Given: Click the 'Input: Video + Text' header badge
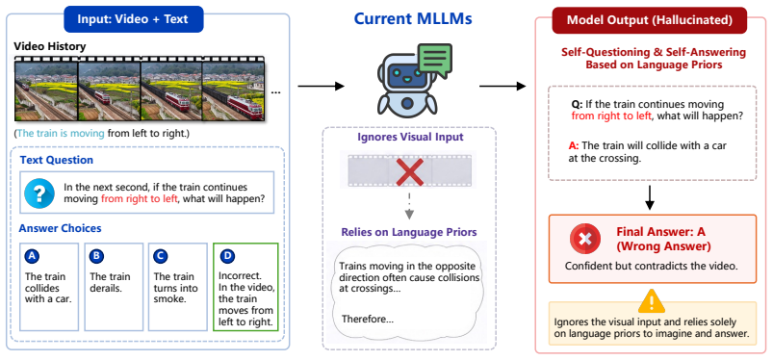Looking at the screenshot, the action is [134, 19].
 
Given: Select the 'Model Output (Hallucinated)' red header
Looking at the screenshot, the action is [649, 20].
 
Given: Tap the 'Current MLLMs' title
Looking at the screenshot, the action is [413, 18].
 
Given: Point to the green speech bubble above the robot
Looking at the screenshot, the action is [434, 61].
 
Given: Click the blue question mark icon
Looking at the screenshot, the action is [39, 193].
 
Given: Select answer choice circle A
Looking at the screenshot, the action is [32, 256].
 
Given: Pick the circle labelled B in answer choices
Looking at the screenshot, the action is [96, 256].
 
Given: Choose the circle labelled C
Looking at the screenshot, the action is [161, 256].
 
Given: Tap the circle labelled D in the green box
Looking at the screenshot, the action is [227, 256].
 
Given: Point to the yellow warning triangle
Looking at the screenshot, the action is [652, 301].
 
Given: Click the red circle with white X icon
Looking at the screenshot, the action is [585, 239].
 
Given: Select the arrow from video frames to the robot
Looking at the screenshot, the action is [321, 87].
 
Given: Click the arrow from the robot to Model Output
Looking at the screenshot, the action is [502, 87].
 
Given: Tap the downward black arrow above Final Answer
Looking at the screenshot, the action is [650, 197].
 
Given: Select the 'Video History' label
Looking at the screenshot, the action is [50, 46].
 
